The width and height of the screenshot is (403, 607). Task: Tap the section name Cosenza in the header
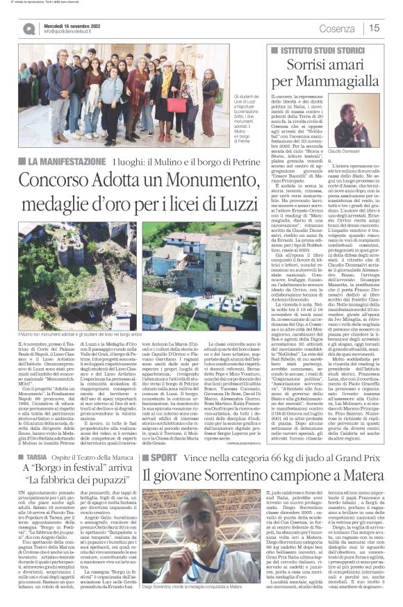tap(337, 28)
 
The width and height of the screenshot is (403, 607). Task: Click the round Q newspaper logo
tap(29, 28)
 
